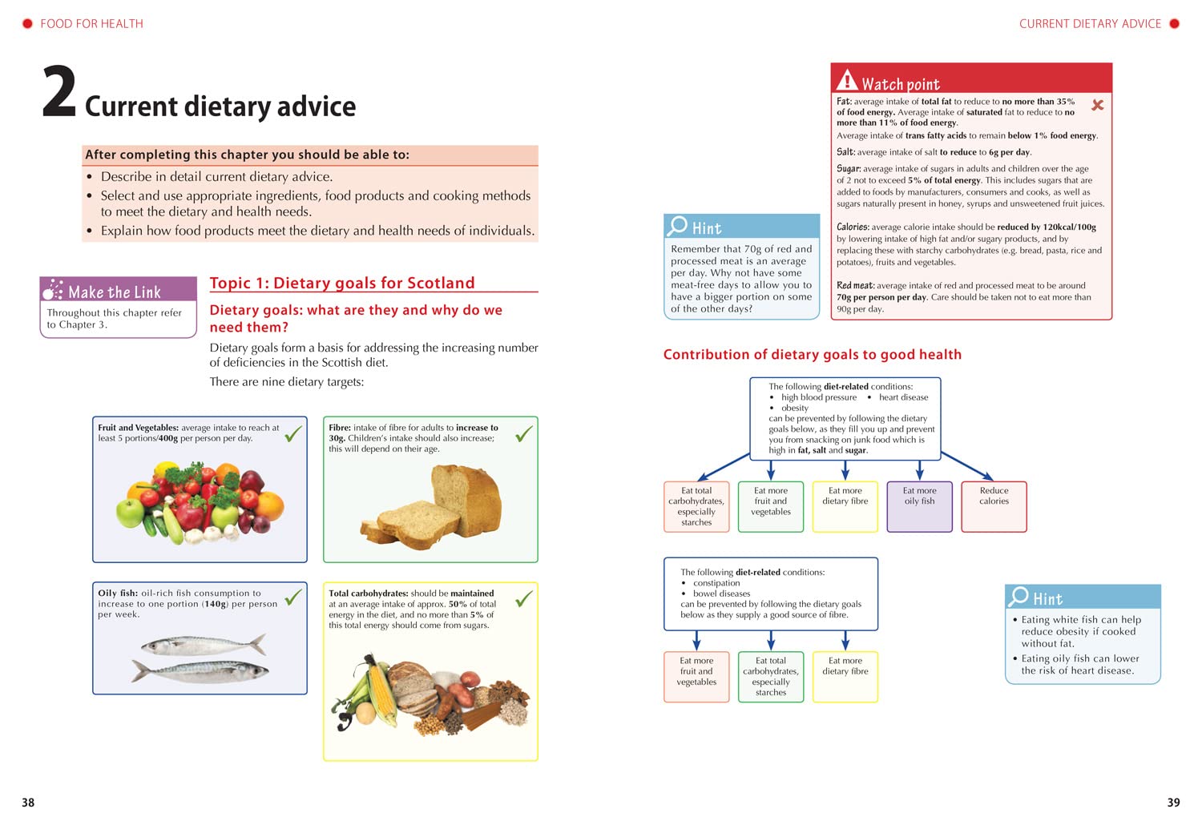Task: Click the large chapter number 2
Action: tap(58, 93)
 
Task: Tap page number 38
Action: tap(28, 803)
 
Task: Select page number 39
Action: tap(1173, 803)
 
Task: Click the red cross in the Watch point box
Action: tap(1098, 105)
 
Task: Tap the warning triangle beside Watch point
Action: tap(847, 80)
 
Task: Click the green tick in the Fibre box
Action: tap(524, 434)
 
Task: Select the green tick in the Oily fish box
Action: tap(293, 597)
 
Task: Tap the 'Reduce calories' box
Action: tap(994, 506)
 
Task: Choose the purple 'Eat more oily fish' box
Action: tap(919, 506)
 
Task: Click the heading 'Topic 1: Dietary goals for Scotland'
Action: tap(342, 283)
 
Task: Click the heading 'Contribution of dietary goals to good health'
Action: tap(812, 355)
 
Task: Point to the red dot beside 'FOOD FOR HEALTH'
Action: tap(27, 24)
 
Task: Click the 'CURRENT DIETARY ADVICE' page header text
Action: tap(1090, 24)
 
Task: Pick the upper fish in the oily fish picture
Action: tap(203, 645)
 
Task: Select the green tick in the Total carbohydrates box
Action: tap(524, 599)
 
